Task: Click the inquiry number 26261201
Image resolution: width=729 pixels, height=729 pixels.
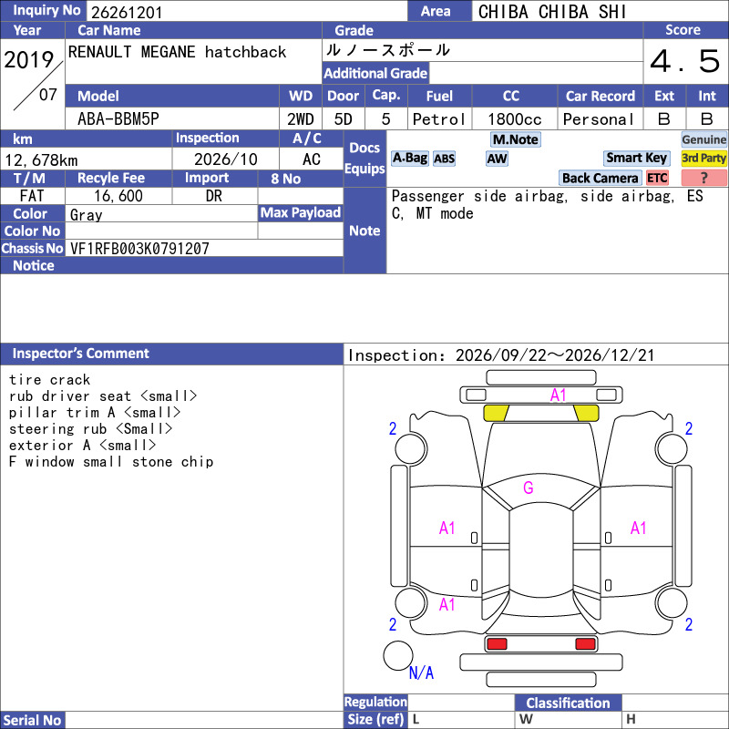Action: coord(127,12)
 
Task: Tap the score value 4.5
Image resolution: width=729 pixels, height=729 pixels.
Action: coord(685,61)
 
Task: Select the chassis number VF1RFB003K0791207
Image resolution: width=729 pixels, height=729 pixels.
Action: coord(139,249)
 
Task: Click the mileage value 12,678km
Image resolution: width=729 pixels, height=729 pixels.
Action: coord(41,160)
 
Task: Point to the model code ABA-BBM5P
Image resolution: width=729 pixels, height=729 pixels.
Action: coord(118,119)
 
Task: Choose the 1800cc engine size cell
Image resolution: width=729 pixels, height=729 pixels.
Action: coord(515,119)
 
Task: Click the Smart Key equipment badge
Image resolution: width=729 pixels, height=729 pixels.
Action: coord(636,158)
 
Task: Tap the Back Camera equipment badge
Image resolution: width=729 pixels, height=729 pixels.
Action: coord(600,178)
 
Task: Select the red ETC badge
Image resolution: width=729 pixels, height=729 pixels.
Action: coord(657,178)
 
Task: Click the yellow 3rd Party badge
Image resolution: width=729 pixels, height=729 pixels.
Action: coord(703,158)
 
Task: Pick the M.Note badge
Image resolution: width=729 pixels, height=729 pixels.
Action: coord(516,139)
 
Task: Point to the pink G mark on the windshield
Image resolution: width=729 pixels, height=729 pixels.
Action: coord(529,488)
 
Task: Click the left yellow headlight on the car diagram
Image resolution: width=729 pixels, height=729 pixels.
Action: coord(496,413)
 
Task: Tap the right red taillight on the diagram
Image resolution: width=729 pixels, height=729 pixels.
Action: coord(585,644)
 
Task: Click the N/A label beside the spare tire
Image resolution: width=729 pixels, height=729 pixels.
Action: coord(421,673)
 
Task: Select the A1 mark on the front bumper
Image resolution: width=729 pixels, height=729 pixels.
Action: coord(558,395)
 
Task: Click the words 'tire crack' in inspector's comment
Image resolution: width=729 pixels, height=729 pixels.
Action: coord(49,380)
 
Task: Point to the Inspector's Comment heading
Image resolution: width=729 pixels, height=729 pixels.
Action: coord(80,354)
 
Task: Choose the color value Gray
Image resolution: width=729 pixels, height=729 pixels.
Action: coord(86,215)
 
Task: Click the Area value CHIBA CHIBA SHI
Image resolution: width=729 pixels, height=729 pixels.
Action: coord(552,12)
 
